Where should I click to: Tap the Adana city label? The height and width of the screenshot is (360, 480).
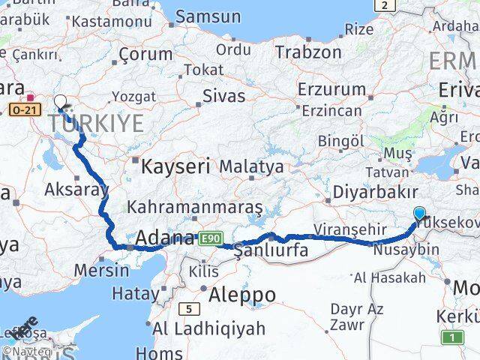165,239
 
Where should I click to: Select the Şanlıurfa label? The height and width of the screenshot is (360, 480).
271,250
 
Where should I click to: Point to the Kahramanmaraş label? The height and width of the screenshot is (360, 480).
195,205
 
